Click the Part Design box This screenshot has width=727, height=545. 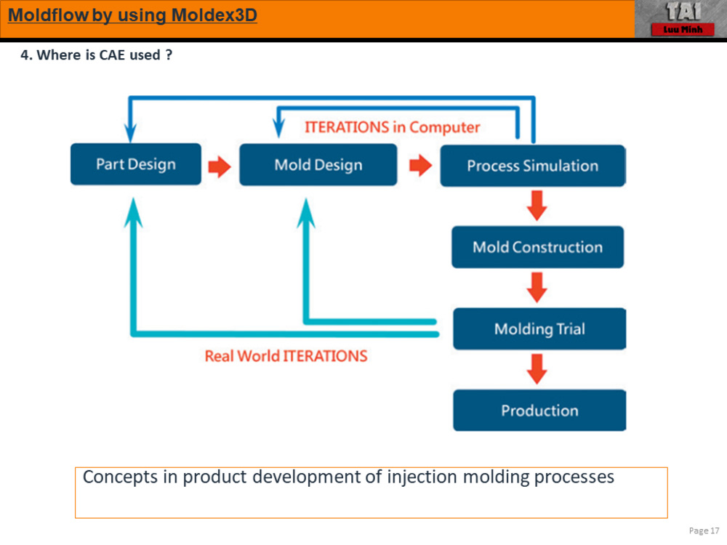(136, 164)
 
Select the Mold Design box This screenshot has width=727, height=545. (318, 164)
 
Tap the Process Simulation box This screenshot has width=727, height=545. (532, 166)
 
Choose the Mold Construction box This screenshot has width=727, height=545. (537, 247)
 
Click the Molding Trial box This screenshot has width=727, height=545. (539, 329)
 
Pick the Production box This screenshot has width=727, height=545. (539, 411)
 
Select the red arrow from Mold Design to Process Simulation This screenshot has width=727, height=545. (419, 166)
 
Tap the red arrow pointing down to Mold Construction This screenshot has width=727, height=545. (537, 206)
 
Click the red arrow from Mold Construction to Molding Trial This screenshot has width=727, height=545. (537, 288)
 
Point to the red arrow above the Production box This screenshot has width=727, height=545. (537, 369)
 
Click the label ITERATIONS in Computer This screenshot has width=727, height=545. (392, 127)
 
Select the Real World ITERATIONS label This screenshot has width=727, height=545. (286, 356)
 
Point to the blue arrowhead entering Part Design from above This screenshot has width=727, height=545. (131, 133)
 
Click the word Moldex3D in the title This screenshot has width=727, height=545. (214, 15)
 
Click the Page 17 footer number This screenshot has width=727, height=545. (704, 530)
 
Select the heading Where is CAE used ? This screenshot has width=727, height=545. (96, 55)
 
